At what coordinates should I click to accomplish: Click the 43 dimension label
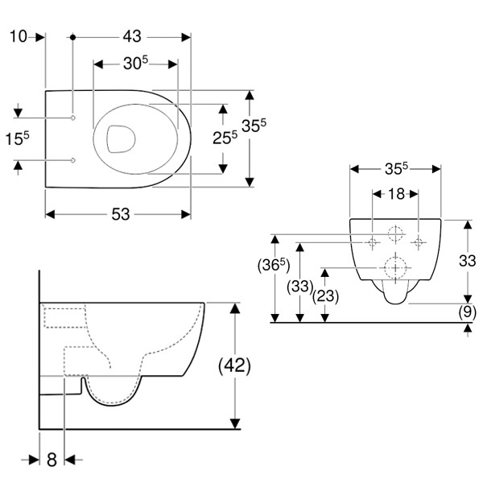tap(132, 37)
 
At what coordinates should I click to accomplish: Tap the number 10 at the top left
tap(19, 37)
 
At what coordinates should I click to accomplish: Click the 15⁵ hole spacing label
tap(17, 139)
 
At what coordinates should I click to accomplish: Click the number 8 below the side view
tap(52, 460)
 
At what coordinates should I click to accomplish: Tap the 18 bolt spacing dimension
tap(395, 194)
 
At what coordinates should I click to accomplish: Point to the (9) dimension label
tap(467, 312)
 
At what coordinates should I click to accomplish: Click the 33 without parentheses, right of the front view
tap(467, 260)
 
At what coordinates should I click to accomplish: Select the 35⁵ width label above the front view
tap(394, 170)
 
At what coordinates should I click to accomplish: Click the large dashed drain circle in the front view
tap(395, 266)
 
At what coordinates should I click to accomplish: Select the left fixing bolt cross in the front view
tap(374, 242)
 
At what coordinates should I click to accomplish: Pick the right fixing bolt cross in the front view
tap(417, 242)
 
